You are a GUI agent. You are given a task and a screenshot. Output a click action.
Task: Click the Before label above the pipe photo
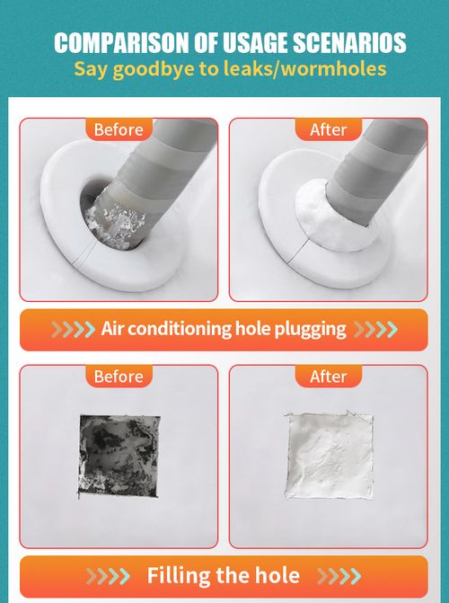click(119, 129)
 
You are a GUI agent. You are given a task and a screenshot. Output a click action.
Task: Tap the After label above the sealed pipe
click(328, 129)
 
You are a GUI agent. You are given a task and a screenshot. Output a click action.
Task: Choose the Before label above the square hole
click(119, 376)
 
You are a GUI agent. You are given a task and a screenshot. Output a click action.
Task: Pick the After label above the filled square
click(328, 376)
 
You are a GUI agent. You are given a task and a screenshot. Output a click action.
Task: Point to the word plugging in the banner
click(312, 329)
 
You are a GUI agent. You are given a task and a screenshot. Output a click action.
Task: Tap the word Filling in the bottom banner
click(182, 575)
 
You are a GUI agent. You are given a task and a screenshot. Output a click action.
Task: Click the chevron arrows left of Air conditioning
click(72, 329)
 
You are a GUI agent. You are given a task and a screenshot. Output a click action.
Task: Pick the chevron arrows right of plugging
click(374, 329)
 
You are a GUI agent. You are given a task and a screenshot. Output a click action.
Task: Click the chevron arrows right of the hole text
click(339, 575)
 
